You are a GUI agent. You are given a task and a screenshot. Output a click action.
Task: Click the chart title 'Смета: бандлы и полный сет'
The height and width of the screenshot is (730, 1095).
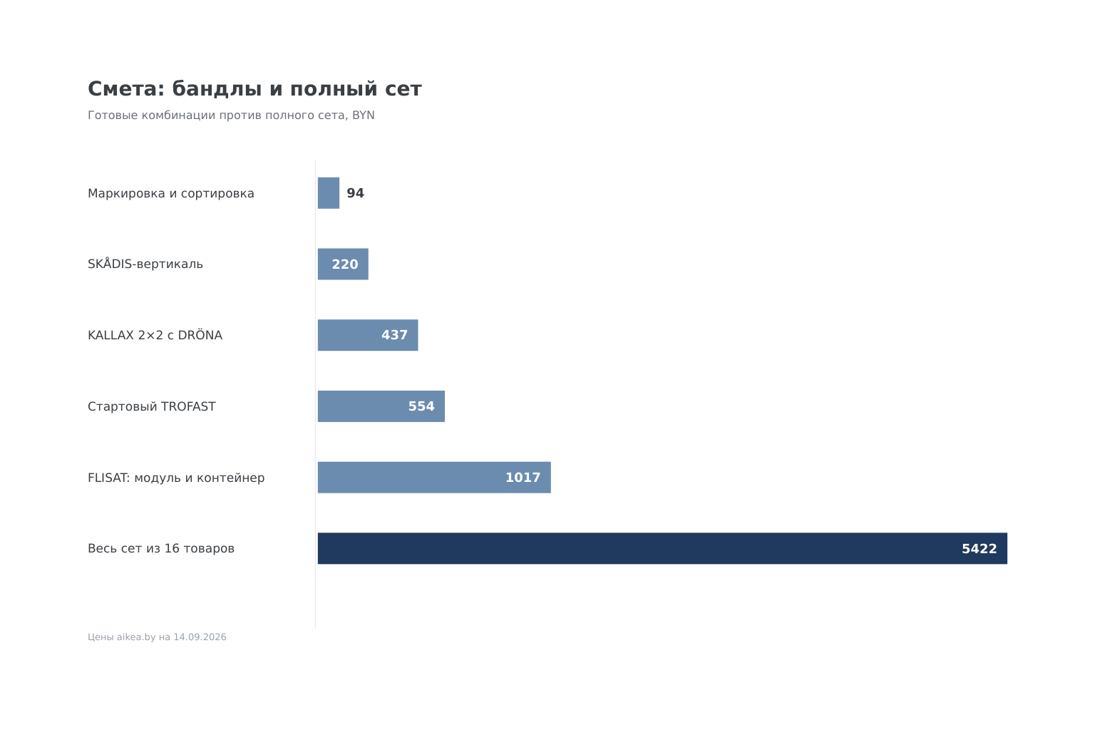pos(255,90)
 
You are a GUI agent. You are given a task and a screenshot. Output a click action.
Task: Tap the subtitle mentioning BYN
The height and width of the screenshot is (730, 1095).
pos(231,115)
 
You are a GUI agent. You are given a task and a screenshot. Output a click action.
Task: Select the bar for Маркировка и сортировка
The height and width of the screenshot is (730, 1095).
pos(329,193)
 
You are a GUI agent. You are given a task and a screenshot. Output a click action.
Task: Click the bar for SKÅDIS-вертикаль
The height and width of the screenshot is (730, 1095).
pos(343,264)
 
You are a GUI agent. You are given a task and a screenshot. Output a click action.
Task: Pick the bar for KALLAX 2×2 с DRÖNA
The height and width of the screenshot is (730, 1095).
pos(368,335)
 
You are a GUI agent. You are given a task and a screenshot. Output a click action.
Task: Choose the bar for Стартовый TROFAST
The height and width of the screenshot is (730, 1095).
pos(381,406)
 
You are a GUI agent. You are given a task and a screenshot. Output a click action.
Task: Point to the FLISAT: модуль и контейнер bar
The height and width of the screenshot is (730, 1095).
pos(434,477)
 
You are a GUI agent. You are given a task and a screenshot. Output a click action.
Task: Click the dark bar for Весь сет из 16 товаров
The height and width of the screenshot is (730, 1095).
pos(662,549)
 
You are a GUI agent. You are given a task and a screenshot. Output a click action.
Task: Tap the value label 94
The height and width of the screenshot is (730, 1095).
pos(356,193)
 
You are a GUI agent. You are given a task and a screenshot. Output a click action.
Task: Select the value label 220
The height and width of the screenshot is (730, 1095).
pos(345,264)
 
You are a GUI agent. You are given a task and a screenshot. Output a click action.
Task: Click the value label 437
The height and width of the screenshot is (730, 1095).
pos(394,336)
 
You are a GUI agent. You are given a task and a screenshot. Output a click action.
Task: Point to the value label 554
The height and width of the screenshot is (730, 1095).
pos(421,406)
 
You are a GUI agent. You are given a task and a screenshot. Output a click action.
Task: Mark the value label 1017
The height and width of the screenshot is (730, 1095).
pos(523,478)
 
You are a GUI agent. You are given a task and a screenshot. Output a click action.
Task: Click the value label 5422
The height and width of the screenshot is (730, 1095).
pos(980,549)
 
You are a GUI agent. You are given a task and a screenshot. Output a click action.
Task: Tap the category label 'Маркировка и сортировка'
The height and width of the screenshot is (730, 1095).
pos(170,194)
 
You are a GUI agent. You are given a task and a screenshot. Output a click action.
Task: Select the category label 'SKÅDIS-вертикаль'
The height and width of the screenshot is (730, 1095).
pos(145,264)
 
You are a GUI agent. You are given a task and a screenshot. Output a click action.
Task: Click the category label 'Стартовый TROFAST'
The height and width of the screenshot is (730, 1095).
pos(152,407)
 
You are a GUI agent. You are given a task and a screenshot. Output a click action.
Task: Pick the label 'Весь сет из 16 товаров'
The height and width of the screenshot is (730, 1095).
pos(161,549)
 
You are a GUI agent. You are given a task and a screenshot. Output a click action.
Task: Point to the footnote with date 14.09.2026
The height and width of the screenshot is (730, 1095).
pos(157,637)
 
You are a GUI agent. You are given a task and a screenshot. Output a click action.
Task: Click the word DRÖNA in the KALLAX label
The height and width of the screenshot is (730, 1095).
pos(200,335)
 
